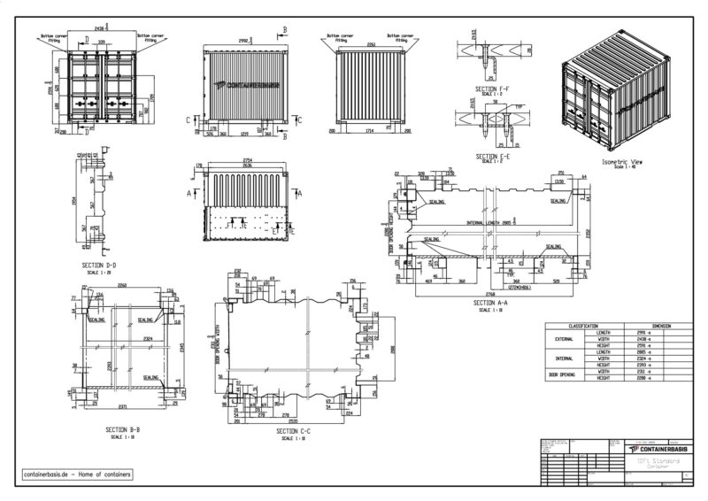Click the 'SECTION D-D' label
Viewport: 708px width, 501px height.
(x=100, y=264)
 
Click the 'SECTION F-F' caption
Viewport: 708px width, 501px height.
(x=493, y=90)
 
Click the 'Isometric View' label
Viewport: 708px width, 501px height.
(x=622, y=163)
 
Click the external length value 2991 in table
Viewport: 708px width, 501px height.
(x=630, y=332)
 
